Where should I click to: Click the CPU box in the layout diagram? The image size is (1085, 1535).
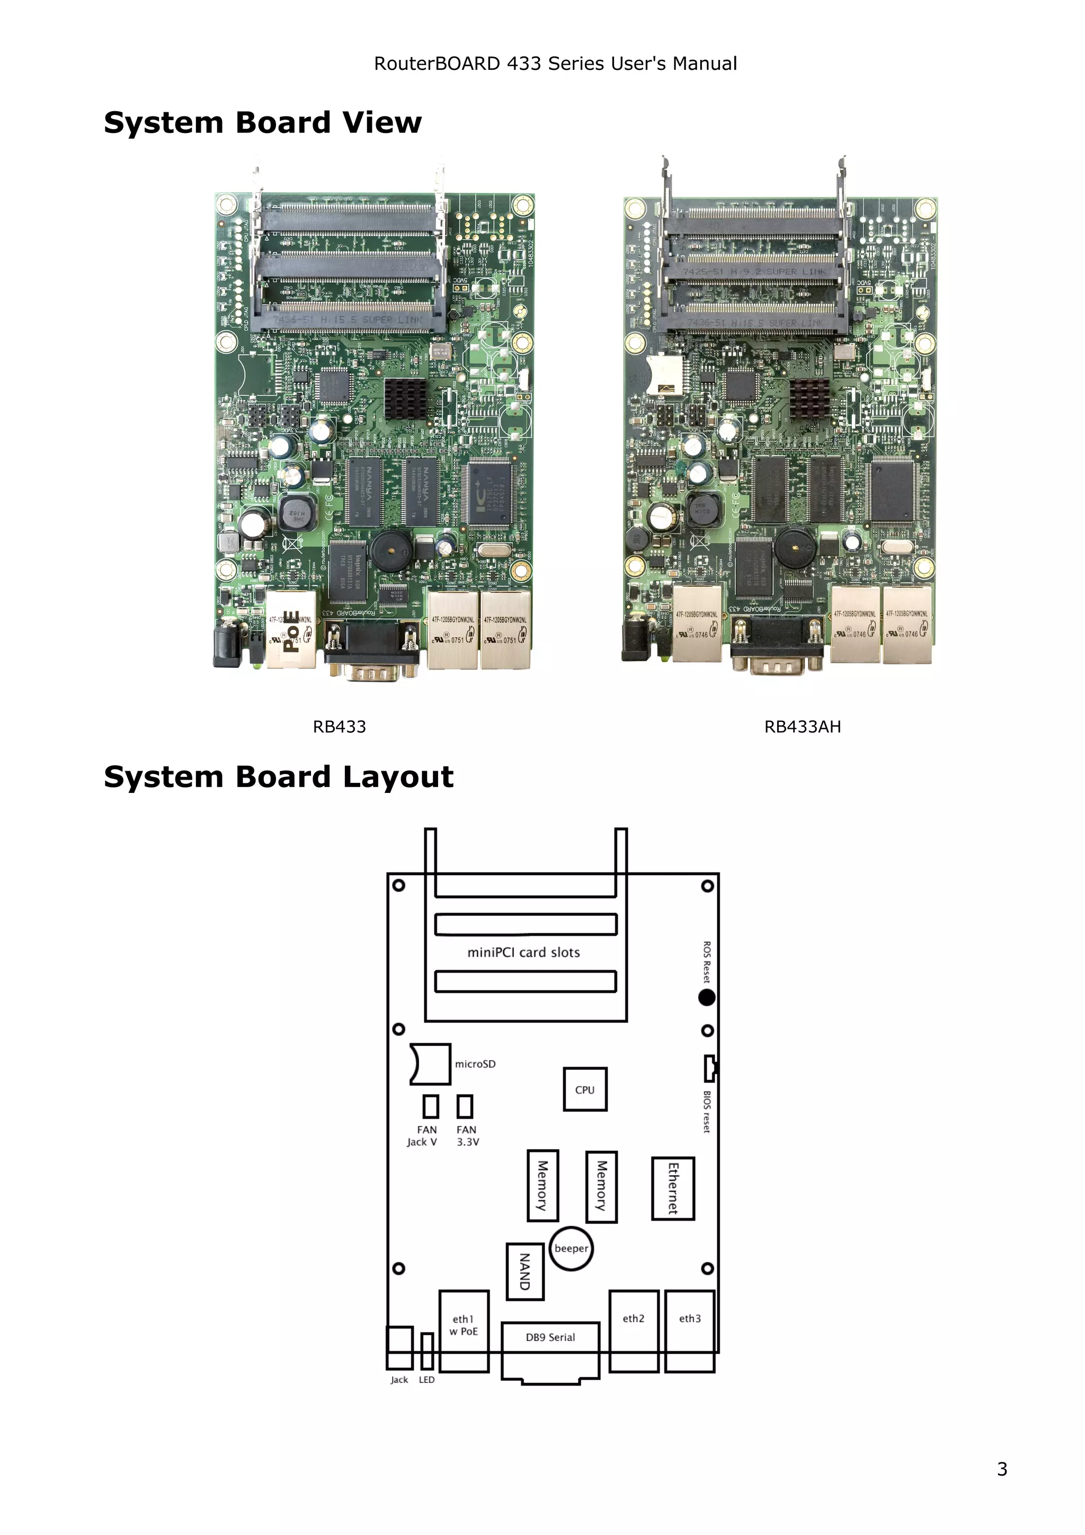coord(584,1089)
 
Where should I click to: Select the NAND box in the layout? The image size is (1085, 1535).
coord(525,1272)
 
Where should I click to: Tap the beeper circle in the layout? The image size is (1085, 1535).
coord(571,1248)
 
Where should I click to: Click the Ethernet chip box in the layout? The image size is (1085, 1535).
coord(672,1189)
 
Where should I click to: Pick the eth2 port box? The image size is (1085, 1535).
coord(633,1331)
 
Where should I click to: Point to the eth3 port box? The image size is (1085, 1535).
coord(689,1331)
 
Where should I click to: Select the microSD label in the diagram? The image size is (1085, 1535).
coord(475,1064)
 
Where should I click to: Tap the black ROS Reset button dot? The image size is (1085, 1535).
coord(707,997)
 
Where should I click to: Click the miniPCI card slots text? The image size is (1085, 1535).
coord(523,952)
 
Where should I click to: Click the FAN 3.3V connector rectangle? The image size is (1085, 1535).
coord(465,1106)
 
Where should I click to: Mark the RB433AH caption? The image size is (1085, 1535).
coord(802,727)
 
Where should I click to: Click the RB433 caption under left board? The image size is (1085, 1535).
coord(339,727)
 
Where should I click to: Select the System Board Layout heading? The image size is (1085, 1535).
coord(278,777)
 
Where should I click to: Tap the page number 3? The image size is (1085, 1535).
coord(1001,1469)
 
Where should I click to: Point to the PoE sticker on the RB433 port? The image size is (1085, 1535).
coord(291,631)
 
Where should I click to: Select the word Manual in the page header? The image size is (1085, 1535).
coord(705,64)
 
